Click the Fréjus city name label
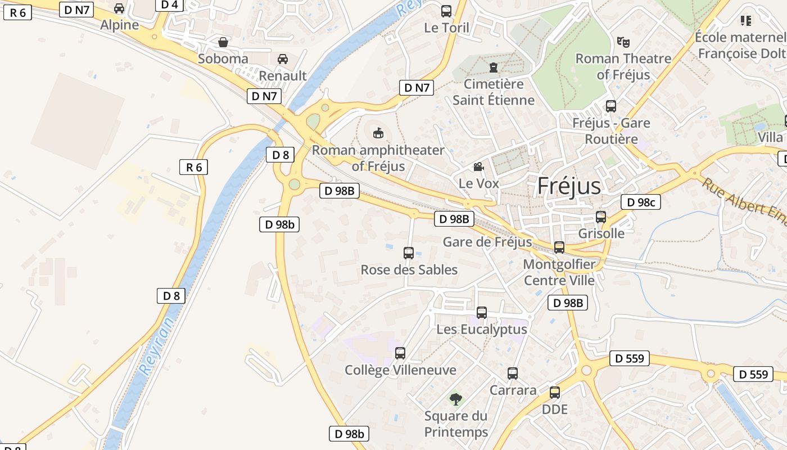click(x=569, y=186)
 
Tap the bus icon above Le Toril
click(x=446, y=11)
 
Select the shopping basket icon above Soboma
click(x=223, y=42)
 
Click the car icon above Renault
click(x=283, y=59)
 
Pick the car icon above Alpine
click(x=119, y=8)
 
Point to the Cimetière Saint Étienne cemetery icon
click(x=494, y=67)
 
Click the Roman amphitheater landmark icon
click(x=378, y=133)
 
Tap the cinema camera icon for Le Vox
click(x=478, y=166)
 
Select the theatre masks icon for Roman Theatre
click(x=623, y=42)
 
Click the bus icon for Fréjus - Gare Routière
click(x=611, y=106)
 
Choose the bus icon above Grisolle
click(x=601, y=217)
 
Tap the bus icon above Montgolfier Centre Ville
click(x=559, y=247)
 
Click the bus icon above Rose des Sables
click(x=409, y=253)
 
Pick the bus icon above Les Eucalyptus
click(x=482, y=313)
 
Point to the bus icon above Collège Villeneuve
click(x=400, y=353)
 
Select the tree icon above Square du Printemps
click(x=456, y=399)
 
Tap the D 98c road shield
click(x=640, y=202)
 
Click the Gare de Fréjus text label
click(x=487, y=242)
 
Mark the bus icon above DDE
click(x=555, y=393)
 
